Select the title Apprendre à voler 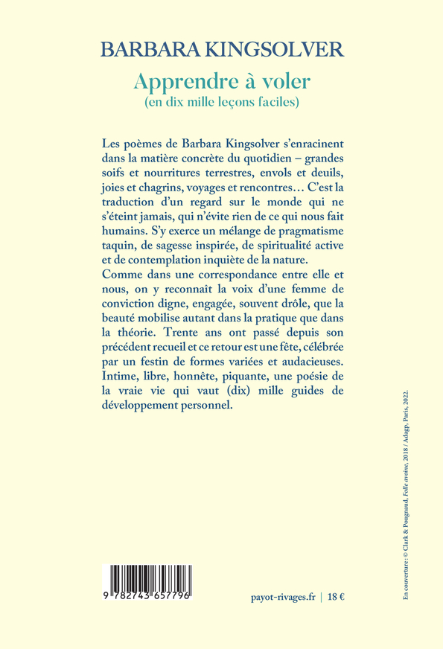pos(221,80)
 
